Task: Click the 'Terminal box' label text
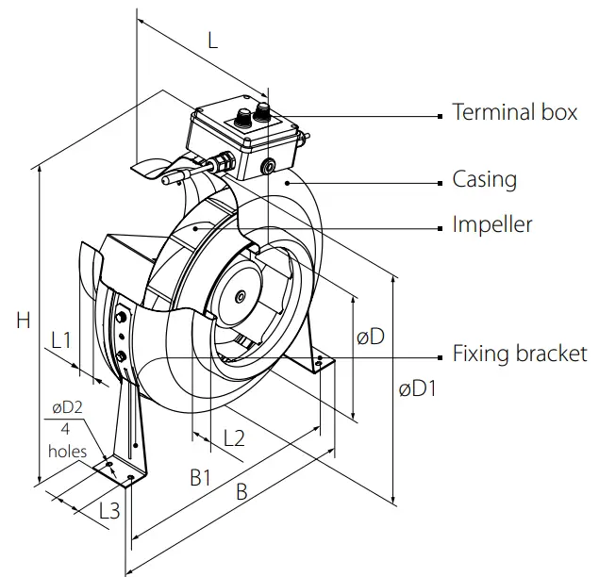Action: tap(514, 112)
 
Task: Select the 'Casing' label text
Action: tap(484, 178)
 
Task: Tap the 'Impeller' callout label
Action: tap(492, 224)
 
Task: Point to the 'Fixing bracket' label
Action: tap(520, 354)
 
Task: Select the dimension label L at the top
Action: tap(212, 41)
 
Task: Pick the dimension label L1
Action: tap(62, 339)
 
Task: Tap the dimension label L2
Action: tap(234, 437)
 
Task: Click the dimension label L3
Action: tap(109, 511)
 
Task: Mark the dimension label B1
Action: tap(200, 478)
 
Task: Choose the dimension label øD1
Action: tap(417, 387)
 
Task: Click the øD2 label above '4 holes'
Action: tap(69, 407)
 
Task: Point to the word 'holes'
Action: tap(67, 451)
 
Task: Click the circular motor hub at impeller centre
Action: tap(241, 296)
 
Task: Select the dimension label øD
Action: tap(371, 337)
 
